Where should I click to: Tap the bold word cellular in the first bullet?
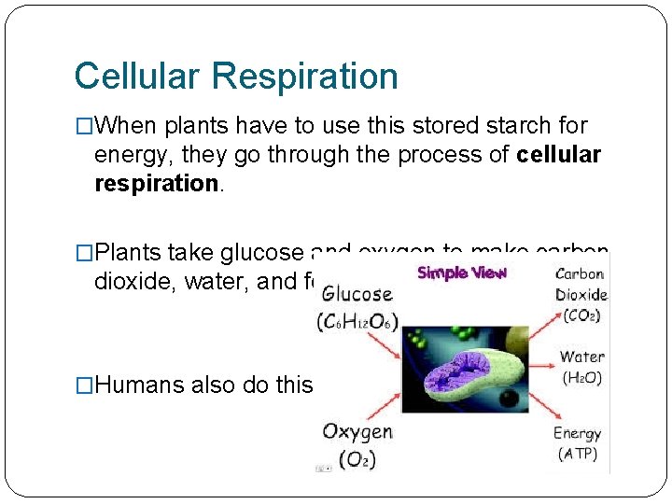point(558,155)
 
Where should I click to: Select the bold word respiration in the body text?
point(156,183)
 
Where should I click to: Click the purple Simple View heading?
point(462,273)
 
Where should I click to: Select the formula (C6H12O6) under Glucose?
point(357,323)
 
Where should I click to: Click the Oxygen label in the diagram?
point(357,431)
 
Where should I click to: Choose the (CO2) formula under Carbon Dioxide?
point(582,315)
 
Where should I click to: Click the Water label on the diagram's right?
point(581,356)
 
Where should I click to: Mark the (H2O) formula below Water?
point(582,377)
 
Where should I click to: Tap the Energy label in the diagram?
point(577,433)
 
